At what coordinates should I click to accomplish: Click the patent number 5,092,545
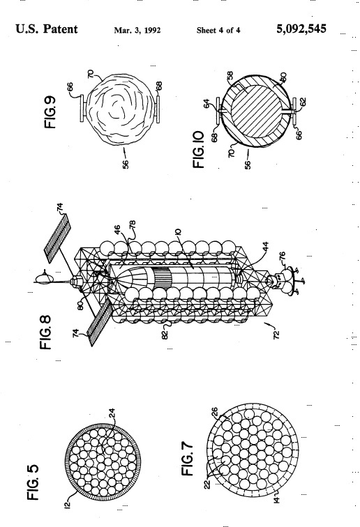[301, 29]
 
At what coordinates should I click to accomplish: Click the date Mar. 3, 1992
[137, 30]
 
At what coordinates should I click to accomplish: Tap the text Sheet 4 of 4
[218, 30]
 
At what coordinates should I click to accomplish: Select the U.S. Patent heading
[47, 29]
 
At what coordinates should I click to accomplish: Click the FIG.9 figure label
[50, 112]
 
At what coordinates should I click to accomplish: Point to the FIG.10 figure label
[199, 149]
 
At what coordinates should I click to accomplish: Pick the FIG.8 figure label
[45, 332]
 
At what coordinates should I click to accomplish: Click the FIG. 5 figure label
[33, 482]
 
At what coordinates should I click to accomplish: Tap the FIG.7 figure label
[188, 459]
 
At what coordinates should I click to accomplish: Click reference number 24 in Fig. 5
[112, 413]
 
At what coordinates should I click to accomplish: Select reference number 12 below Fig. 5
[67, 505]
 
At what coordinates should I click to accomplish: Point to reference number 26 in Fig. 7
[215, 412]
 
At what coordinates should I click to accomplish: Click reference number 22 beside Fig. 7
[207, 484]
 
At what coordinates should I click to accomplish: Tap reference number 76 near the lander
[282, 257]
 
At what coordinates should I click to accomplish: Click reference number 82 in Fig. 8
[165, 335]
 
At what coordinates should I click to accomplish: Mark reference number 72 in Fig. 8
[276, 335]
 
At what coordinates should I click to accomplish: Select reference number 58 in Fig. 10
[230, 76]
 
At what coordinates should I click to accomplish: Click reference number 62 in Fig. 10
[303, 101]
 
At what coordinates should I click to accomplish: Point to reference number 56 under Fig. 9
[126, 164]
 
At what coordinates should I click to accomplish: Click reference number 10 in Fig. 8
[178, 231]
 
